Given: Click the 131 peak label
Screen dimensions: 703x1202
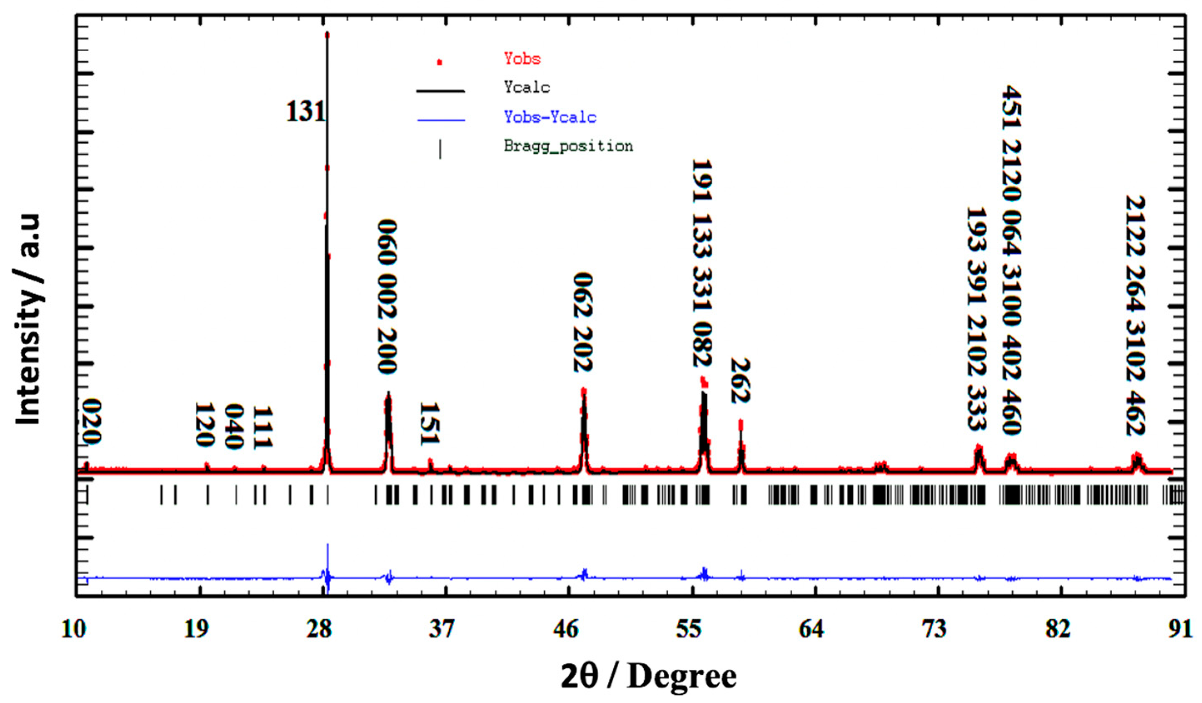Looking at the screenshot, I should point(305,112).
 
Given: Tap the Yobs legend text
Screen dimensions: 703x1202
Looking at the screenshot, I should point(522,59).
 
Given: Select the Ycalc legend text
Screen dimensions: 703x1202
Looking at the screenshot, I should point(527,88).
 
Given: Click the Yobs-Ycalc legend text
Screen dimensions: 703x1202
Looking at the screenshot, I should point(550,118).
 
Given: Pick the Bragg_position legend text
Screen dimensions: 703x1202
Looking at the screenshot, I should point(568,146).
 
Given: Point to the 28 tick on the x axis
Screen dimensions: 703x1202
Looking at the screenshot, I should point(319,630).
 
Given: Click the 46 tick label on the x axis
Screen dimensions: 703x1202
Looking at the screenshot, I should point(566,630).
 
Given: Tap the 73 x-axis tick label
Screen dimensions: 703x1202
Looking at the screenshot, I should point(934,630).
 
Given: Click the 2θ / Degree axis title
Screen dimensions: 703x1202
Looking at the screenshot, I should point(648,676).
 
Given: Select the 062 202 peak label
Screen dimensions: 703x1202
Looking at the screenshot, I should point(582,322).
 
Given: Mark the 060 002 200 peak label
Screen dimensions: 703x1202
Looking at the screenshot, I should point(387,296).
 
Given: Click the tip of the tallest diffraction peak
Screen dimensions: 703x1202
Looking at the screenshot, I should point(327,34).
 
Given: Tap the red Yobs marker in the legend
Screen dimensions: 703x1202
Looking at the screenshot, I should point(440,62).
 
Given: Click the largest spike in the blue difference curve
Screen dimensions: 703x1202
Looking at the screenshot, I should point(328,545).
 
